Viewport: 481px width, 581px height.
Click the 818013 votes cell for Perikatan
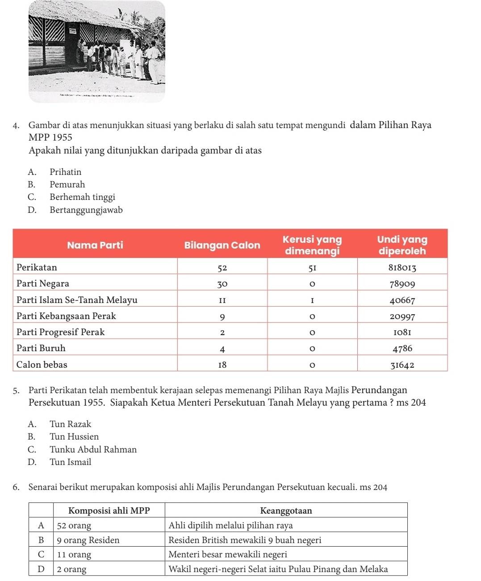(402, 268)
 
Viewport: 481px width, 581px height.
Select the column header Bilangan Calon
(222, 245)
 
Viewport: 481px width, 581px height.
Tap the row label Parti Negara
(43, 284)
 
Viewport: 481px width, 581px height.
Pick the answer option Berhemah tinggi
(82, 197)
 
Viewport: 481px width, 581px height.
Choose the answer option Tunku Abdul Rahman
(93, 449)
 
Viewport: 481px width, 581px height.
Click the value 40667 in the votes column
(402, 300)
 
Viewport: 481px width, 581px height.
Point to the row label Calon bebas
(42, 365)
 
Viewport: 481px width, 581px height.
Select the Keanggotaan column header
(286, 510)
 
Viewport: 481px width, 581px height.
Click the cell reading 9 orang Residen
(88, 540)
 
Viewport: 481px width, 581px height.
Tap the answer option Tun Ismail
(70, 462)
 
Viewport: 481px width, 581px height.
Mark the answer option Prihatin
(65, 172)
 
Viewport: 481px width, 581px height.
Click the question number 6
(16, 487)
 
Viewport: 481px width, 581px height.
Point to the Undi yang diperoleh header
(402, 245)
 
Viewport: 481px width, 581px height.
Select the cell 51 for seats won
(312, 268)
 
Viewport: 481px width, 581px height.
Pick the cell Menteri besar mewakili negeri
(228, 555)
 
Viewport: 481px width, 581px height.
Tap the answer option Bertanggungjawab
(86, 210)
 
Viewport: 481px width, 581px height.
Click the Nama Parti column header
(95, 245)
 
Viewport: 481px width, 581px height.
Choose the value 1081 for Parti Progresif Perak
(402, 332)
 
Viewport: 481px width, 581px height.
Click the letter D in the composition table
(41, 569)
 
